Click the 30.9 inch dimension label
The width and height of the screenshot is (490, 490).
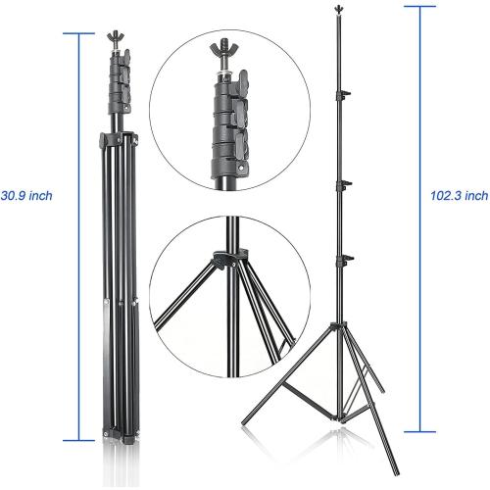pyautogui.click(x=27, y=196)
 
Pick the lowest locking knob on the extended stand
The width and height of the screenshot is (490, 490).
pyautogui.click(x=344, y=259)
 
